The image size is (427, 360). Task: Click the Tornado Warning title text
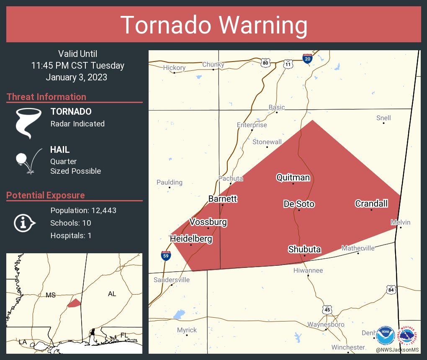point(214,25)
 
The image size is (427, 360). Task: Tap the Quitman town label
point(293,177)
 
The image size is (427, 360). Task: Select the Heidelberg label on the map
point(191,239)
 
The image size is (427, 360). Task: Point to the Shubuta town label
point(304,249)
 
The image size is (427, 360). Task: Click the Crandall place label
point(371,204)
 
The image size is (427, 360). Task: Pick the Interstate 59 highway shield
point(166,255)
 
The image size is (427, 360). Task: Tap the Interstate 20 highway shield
point(307,59)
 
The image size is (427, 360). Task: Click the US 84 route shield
point(391,290)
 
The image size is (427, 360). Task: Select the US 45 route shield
point(327,309)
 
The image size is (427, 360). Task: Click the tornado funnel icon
point(28,123)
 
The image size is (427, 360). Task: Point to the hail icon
point(27,160)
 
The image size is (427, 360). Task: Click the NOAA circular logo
point(385,335)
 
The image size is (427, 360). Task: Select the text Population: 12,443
point(83,210)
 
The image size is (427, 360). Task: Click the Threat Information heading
point(46,97)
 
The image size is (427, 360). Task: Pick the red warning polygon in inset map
point(74,303)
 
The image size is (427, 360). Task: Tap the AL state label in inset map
point(112,294)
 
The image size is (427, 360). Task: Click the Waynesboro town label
point(326,324)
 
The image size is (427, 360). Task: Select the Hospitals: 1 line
point(71,235)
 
